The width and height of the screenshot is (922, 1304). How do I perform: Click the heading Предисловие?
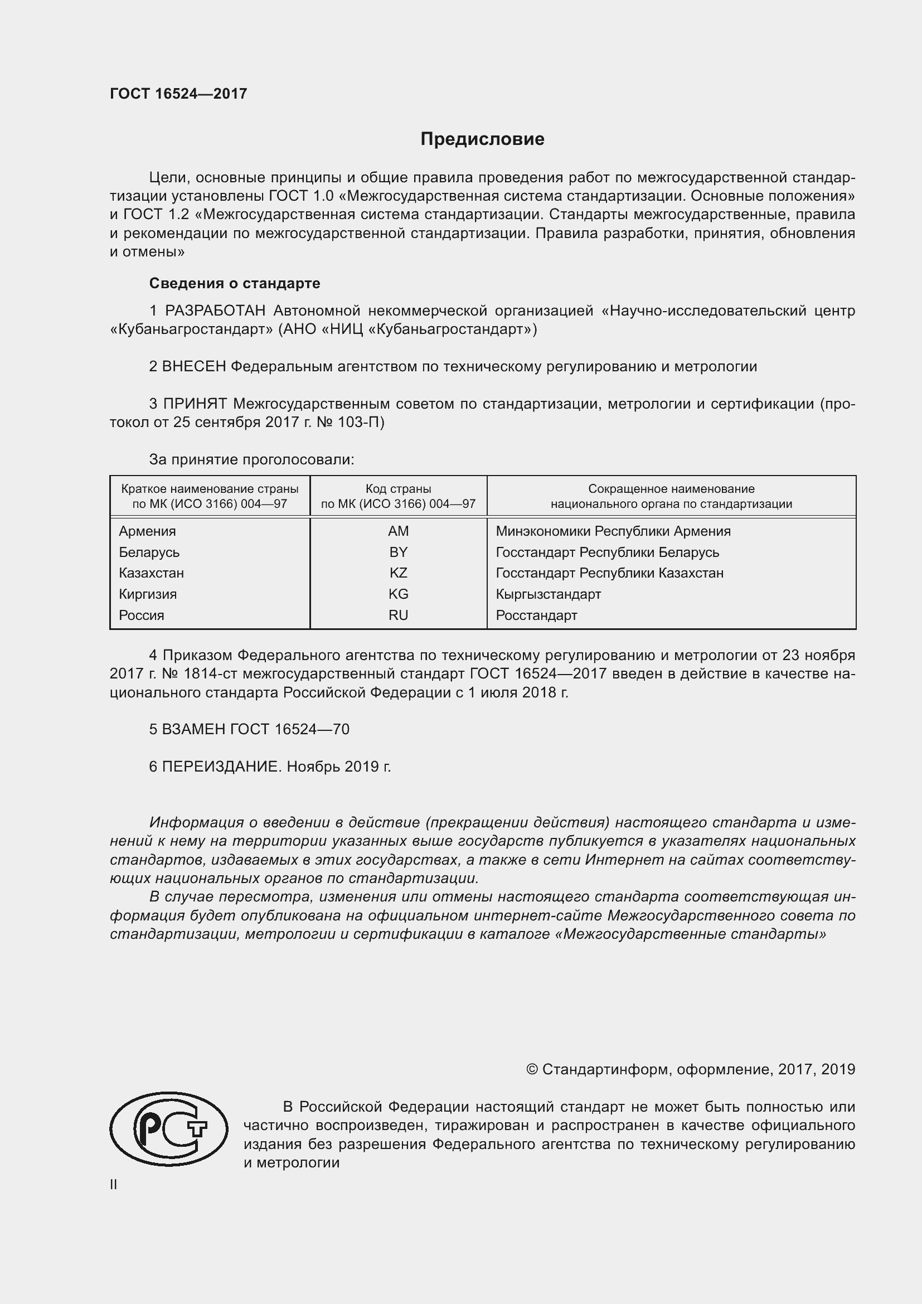pyautogui.click(x=482, y=139)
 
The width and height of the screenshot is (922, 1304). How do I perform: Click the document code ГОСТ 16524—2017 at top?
pyautogui.click(x=178, y=94)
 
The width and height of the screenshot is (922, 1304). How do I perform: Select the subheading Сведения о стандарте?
pyautogui.click(x=235, y=283)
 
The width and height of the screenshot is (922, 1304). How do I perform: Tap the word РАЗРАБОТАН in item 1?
pyautogui.click(x=215, y=311)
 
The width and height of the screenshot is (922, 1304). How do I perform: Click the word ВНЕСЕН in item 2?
pyautogui.click(x=193, y=366)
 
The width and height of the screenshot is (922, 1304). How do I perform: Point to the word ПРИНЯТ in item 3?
pyautogui.click(x=195, y=404)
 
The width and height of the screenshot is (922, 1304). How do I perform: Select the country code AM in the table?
pyautogui.click(x=398, y=531)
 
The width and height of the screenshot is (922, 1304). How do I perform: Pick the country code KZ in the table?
pyautogui.click(x=398, y=573)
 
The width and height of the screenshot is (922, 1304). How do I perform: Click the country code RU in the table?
pyautogui.click(x=398, y=615)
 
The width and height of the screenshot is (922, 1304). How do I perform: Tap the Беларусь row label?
pyautogui.click(x=149, y=552)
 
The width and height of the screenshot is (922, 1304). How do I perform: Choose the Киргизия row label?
pyautogui.click(x=148, y=594)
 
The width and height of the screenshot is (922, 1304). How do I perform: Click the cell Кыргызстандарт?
pyautogui.click(x=548, y=594)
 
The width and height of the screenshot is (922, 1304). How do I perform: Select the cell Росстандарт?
pyautogui.click(x=536, y=615)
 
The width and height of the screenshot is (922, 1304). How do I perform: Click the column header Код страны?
pyautogui.click(x=398, y=488)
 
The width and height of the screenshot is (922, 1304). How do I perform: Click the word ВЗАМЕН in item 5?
pyautogui.click(x=193, y=729)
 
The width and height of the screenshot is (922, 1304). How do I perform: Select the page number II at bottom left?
pyautogui.click(x=114, y=1184)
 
